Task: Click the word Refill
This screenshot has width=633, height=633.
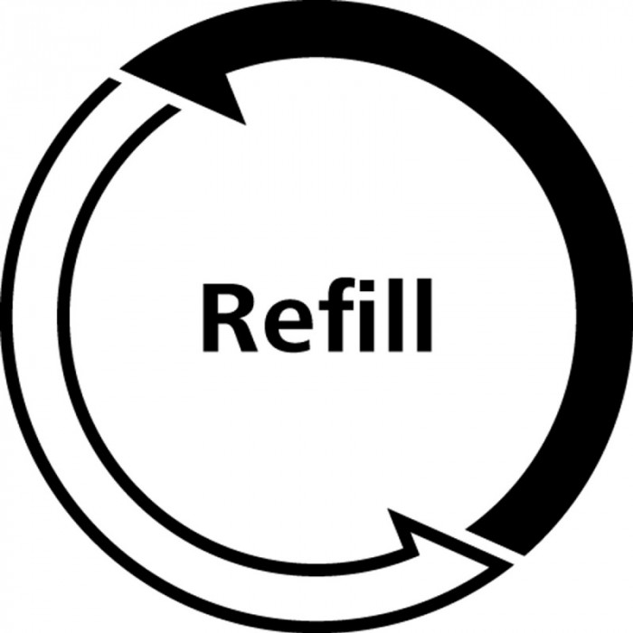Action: (316, 315)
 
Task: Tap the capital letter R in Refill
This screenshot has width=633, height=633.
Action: (230, 317)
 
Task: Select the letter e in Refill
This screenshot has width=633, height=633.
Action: (288, 326)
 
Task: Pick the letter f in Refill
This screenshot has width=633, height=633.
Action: (336, 315)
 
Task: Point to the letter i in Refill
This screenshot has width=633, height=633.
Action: (367, 316)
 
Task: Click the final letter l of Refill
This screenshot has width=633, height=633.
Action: (424, 315)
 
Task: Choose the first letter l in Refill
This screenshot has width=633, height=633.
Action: (396, 315)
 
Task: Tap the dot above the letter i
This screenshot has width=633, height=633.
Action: (367, 286)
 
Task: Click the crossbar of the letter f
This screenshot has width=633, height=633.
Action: (336, 306)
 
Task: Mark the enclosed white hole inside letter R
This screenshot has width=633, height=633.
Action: (228, 304)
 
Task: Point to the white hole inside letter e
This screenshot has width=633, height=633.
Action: (289, 315)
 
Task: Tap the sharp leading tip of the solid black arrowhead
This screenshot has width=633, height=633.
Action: (120, 70)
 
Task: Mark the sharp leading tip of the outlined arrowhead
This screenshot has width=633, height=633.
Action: (514, 565)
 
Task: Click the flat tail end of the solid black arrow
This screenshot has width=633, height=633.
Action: (496, 543)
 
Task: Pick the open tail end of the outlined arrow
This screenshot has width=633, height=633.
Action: (146, 94)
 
